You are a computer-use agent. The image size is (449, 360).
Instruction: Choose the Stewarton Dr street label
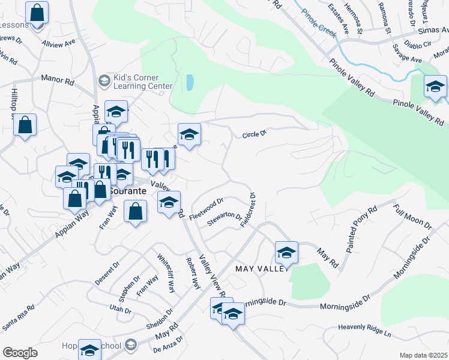[x=224, y=220]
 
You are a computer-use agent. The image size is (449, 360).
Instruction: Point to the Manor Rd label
[x=56, y=78]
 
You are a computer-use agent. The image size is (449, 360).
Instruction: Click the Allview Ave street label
[x=58, y=44]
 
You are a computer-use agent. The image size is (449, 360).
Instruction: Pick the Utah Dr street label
[x=120, y=309]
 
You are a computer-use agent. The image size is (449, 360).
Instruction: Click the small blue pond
[x=190, y=82]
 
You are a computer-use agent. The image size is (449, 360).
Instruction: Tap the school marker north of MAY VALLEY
[x=286, y=252]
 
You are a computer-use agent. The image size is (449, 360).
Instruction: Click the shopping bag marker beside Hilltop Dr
[x=25, y=125]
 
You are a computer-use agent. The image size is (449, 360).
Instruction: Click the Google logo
[x=20, y=353]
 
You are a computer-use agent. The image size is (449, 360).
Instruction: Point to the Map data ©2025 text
[x=423, y=355]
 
